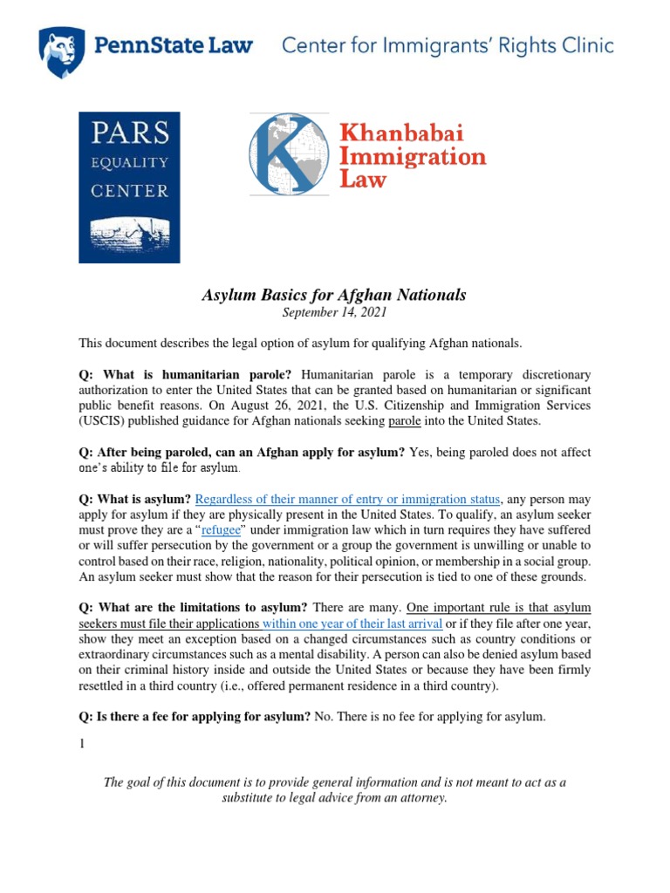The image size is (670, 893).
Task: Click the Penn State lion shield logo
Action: pos(61,51)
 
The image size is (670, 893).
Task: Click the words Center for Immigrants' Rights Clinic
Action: pos(447,46)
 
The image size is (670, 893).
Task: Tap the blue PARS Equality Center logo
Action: pos(129,187)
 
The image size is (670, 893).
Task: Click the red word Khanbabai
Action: pos(400,133)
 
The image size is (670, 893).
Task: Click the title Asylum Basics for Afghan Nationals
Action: pos(334,295)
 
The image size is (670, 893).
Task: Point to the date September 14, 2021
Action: pos(334,312)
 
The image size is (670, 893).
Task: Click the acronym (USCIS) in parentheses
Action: pos(104,421)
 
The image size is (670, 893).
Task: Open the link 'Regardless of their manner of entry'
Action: pos(347,500)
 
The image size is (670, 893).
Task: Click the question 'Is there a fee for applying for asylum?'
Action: pos(195,717)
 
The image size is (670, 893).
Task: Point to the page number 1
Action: pos(82,744)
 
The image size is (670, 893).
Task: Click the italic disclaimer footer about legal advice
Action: pos(334,790)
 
